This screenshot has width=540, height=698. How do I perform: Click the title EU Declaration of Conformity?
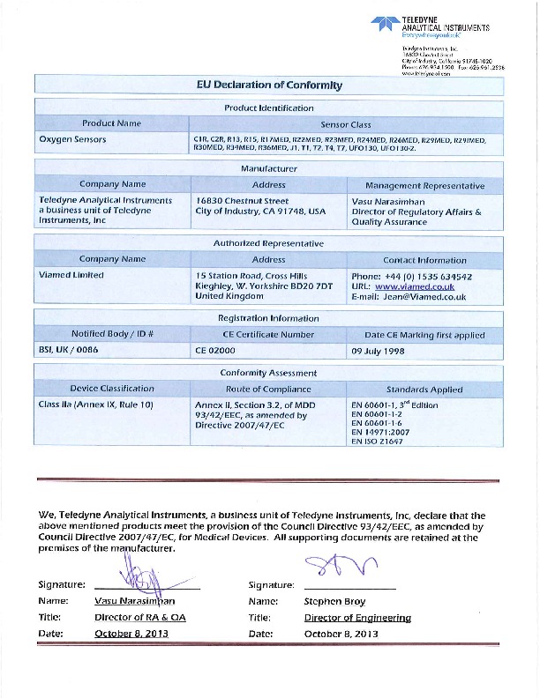point(268,85)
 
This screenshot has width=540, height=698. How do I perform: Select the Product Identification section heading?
point(269,108)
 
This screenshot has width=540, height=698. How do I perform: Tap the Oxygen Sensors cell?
point(72,139)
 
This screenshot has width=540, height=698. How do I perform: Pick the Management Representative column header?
point(424,185)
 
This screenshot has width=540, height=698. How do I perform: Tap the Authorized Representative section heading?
point(269,243)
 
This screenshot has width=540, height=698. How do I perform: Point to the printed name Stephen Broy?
point(333,600)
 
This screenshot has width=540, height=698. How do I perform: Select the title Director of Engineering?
point(357,617)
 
